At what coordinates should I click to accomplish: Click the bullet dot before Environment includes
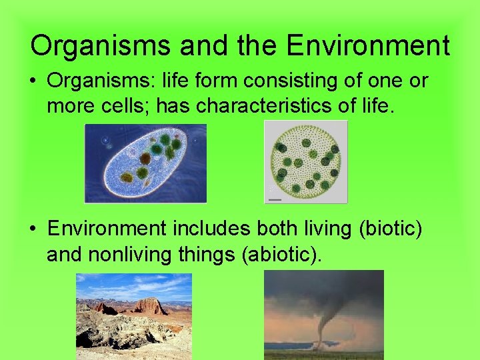coord(33,229)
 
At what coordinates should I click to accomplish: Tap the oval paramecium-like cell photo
coord(145,163)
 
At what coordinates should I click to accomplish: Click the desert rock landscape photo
coord(133,317)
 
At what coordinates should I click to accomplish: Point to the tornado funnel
coord(323,320)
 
